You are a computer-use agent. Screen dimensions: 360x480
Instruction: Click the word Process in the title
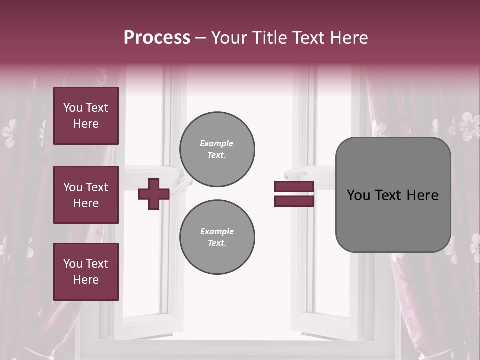[157, 38]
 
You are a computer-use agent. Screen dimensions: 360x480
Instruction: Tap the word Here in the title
[349, 38]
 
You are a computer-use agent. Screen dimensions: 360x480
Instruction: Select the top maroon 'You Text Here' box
[86, 116]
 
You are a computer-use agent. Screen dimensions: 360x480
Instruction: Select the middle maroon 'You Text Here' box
[86, 195]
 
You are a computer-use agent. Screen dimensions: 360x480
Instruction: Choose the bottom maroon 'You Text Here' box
[86, 271]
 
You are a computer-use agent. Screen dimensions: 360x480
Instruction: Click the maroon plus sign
[153, 194]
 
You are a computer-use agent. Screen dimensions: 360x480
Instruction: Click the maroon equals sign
[294, 194]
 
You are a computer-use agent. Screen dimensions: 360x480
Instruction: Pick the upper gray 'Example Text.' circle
[217, 149]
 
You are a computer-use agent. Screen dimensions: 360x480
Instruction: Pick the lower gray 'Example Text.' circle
[217, 237]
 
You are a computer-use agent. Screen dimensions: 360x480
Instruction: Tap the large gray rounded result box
[393, 195]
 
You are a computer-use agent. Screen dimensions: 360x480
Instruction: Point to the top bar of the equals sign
[294, 186]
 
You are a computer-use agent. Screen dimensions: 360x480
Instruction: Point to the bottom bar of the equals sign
[294, 201]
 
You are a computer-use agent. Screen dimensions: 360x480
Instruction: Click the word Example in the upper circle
[217, 144]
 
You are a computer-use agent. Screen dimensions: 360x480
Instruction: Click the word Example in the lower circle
[217, 232]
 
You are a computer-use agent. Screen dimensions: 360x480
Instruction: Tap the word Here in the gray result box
[422, 195]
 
